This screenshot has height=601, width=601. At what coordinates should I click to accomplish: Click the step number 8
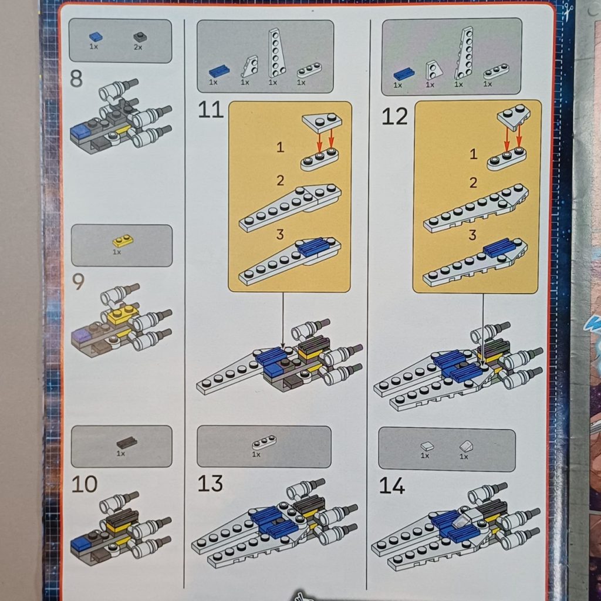click(x=76, y=79)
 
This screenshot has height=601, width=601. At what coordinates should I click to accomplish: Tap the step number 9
click(x=77, y=282)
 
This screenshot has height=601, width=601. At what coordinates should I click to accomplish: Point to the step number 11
click(x=211, y=110)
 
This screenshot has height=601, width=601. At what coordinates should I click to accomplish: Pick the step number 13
click(x=210, y=484)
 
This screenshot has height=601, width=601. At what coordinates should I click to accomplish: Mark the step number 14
click(x=392, y=486)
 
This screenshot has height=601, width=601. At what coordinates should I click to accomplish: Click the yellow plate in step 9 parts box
click(x=123, y=240)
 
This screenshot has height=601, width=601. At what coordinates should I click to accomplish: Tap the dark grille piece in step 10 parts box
click(x=126, y=443)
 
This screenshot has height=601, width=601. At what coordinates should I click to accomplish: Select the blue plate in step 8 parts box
click(x=96, y=36)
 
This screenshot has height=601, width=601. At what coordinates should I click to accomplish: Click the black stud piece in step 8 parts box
click(x=140, y=37)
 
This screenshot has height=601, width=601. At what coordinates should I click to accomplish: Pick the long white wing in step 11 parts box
click(x=276, y=52)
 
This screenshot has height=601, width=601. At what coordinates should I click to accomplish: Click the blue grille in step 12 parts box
click(x=404, y=74)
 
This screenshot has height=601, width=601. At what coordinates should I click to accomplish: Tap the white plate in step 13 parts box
click(x=264, y=443)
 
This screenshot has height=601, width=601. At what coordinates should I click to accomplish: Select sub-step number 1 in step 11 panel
click(x=280, y=147)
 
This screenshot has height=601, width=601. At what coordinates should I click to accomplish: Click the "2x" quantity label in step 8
click(x=138, y=48)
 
